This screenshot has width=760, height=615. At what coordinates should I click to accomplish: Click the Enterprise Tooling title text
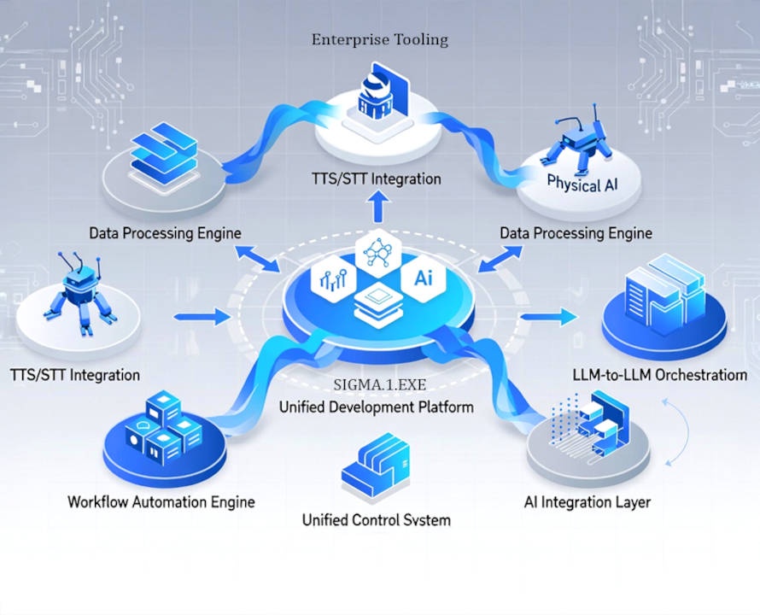[x=379, y=39]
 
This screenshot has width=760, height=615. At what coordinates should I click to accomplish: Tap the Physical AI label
[x=585, y=183]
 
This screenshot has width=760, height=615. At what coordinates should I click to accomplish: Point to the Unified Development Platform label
[x=376, y=407]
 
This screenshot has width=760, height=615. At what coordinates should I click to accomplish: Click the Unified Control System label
[x=376, y=519]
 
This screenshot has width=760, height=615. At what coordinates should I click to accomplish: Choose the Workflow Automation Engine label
[x=161, y=501]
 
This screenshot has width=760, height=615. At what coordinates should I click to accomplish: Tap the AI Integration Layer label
[x=588, y=502]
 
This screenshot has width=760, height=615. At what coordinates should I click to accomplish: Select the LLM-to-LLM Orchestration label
[x=660, y=375]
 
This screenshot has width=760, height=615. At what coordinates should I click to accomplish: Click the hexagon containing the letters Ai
[x=424, y=277]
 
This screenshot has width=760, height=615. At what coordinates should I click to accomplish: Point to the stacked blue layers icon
[x=160, y=152]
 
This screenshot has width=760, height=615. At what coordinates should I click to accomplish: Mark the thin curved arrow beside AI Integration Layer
[x=681, y=436]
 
